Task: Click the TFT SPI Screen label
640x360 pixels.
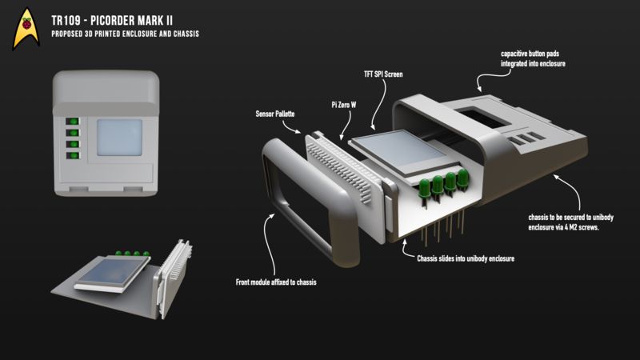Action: (382, 74)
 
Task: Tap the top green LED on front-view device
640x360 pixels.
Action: (73, 121)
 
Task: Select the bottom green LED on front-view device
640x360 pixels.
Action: (73, 155)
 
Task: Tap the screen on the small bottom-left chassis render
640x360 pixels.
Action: (103, 273)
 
